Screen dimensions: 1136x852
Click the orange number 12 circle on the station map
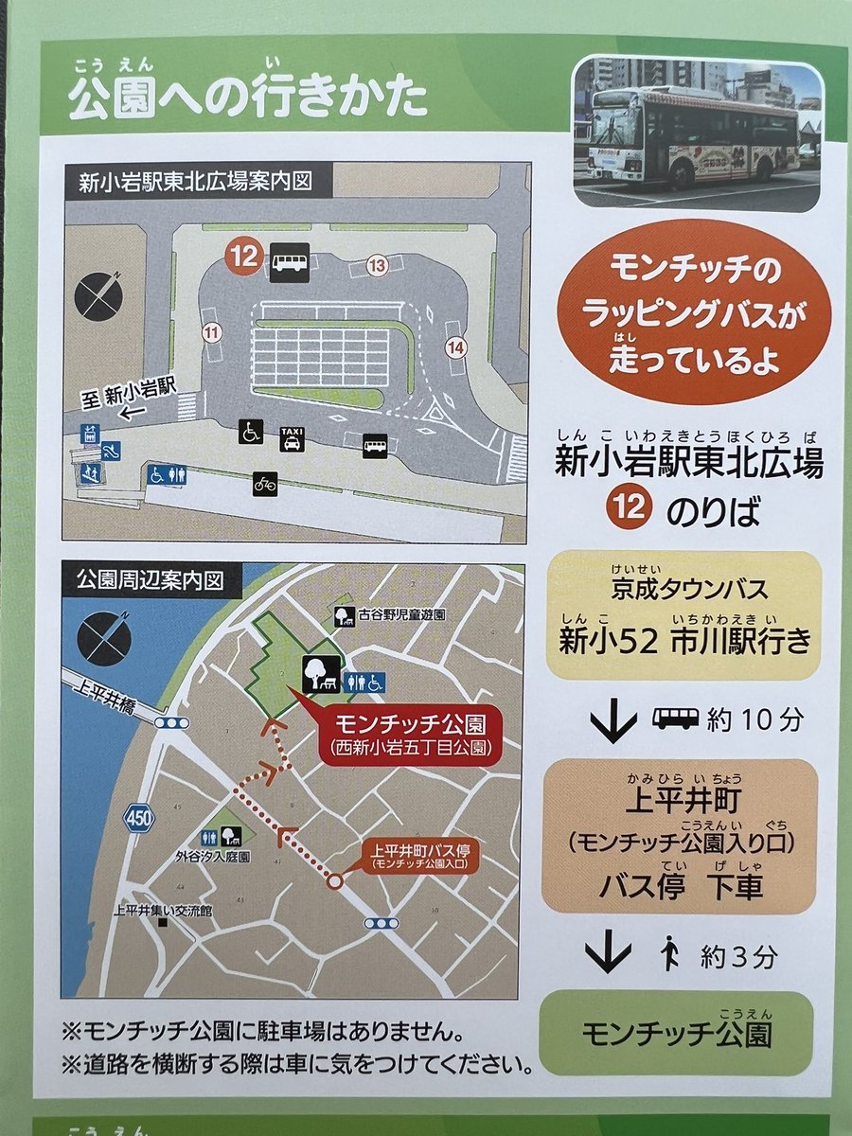pyautogui.click(x=243, y=257)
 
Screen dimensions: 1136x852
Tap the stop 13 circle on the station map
pyautogui.click(x=378, y=266)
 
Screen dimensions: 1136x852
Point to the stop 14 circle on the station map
pyautogui.click(x=457, y=347)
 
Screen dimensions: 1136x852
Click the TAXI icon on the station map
pyautogui.click(x=291, y=438)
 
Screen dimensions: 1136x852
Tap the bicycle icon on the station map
pyautogui.click(x=264, y=484)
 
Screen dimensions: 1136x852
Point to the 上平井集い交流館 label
pyautogui.click(x=161, y=912)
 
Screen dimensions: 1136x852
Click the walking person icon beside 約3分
pyautogui.click(x=670, y=953)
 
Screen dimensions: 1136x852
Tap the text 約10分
pyautogui.click(x=754, y=719)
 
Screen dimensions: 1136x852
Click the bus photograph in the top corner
pyautogui.click(x=698, y=132)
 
